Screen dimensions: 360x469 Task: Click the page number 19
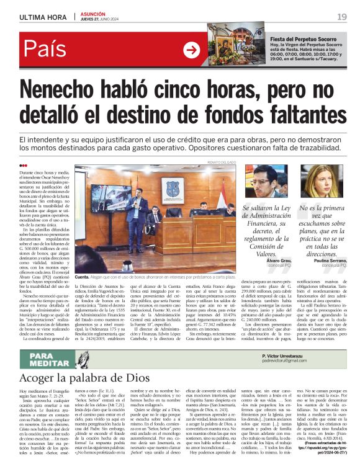pyautogui.click(x=341, y=17)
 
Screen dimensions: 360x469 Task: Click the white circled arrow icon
pyautogui.click(x=192, y=50)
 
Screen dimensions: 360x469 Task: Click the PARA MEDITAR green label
pyautogui.click(x=47, y=358)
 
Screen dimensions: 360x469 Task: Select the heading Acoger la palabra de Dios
pyautogui.click(x=77, y=377)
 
